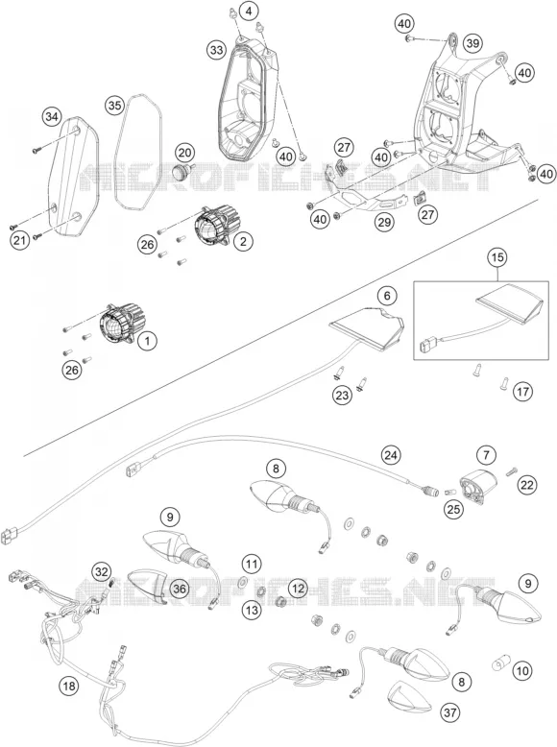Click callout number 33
pos(217,50)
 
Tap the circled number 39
pos(472,44)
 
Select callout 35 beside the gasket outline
pos(115,106)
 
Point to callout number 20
pos(185,153)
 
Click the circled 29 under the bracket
pos(384,222)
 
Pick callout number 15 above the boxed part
pos(496,257)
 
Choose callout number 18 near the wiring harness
pos(69,686)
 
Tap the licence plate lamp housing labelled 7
pos(477,484)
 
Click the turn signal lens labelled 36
pos(148,586)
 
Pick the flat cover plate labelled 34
pos(74,177)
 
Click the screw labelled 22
pos(511,470)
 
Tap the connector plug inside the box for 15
pos(426,343)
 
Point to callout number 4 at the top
pos(249,11)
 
